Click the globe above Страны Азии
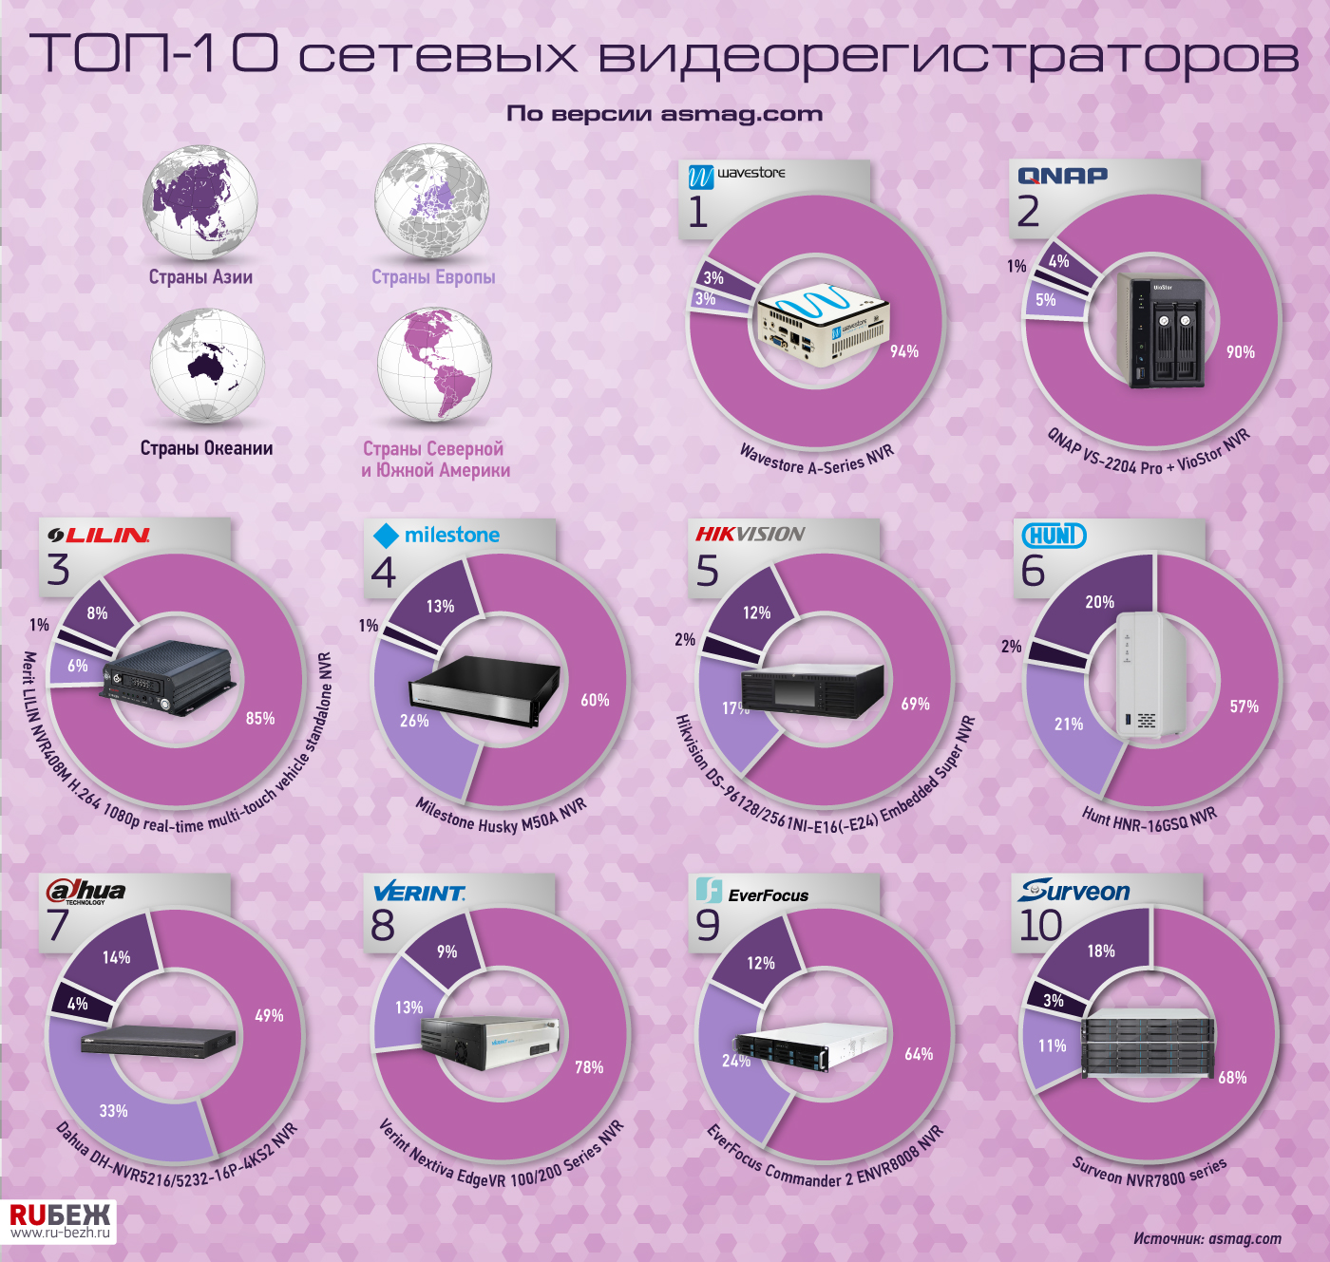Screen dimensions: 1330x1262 pos(200,201)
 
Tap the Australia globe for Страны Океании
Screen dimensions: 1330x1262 pos(207,366)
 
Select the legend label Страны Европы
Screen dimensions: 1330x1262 pos(433,276)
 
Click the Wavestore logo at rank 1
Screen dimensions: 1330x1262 pos(736,176)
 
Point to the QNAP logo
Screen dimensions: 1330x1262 pos(1063,176)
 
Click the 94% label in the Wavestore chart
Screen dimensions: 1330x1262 pos(903,351)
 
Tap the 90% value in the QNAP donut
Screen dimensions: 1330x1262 pos(1240,351)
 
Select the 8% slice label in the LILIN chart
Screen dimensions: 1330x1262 pos(97,612)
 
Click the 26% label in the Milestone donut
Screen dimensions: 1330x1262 pos(414,721)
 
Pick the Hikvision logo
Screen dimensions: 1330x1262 pos(750,535)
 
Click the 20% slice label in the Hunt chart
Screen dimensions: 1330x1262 pos(1099,602)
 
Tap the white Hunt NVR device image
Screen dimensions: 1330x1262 pos(1150,675)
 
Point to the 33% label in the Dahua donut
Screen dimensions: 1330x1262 pos(113,1110)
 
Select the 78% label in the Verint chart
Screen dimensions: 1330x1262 pos(589,1067)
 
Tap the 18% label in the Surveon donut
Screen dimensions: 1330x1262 pos(1101,951)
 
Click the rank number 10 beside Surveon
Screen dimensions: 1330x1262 pos(1040,925)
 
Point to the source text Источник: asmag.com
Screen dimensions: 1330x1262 pos(1207,1238)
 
